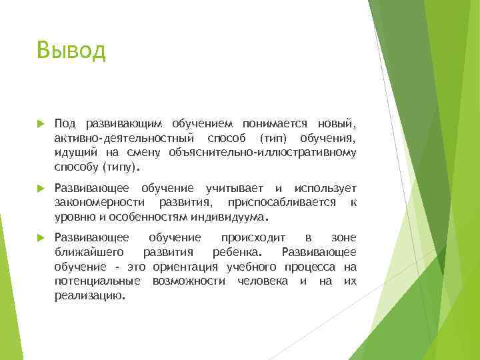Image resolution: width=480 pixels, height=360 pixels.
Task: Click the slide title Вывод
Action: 72,50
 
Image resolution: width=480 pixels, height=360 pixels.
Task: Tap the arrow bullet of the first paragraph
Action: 40,124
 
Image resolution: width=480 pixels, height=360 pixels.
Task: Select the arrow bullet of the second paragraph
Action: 40,189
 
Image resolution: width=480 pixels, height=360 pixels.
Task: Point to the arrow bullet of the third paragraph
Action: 40,238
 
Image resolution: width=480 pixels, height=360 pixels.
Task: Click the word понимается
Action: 275,123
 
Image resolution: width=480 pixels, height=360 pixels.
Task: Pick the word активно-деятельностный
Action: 125,138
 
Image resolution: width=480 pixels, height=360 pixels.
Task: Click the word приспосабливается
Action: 279,203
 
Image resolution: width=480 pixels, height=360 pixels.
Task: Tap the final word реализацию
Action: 89,296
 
